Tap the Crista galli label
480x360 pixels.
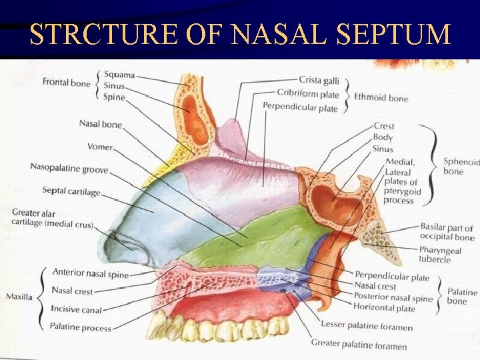click(319, 81)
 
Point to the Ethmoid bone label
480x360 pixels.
click(381, 98)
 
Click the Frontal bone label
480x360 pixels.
click(66, 83)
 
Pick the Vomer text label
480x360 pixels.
click(99, 147)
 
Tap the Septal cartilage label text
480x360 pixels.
click(71, 191)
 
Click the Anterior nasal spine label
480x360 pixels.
click(91, 273)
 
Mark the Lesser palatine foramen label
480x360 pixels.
click(366, 326)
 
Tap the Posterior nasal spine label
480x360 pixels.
click(393, 298)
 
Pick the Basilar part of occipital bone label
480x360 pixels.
click(447, 231)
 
